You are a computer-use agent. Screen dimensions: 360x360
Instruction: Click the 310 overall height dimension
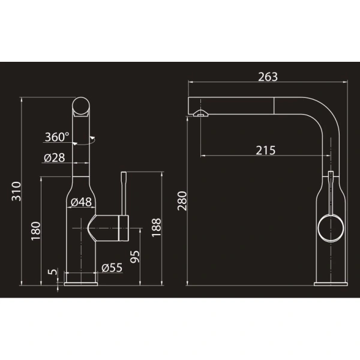16,191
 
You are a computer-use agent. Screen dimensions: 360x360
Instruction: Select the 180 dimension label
36,231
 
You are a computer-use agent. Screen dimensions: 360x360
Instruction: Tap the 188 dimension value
157,227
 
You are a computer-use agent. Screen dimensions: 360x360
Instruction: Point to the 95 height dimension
135,256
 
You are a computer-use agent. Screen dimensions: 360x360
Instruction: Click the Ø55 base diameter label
112,268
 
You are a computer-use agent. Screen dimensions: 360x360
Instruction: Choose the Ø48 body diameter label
81,202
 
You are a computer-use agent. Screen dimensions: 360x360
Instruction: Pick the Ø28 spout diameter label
55,158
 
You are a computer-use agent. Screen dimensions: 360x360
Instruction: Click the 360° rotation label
57,137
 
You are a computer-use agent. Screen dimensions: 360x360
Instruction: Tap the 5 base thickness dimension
53,272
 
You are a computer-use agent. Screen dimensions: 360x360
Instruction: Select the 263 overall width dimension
268,77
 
